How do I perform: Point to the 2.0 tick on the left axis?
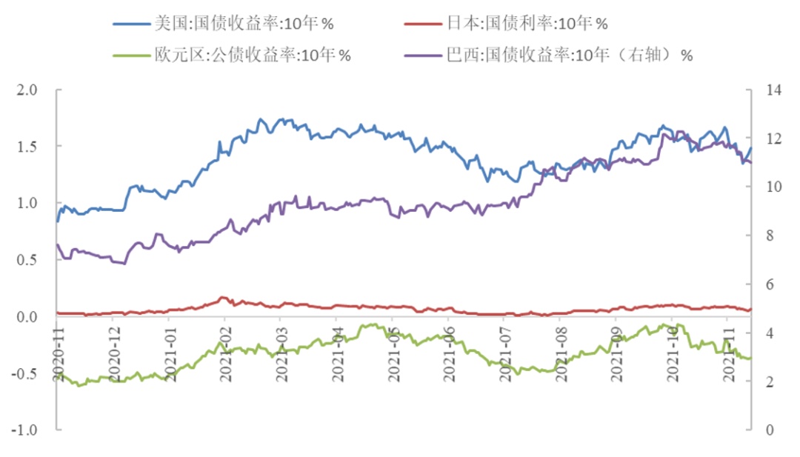(x=27, y=90)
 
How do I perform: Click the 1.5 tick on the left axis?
(x=27, y=147)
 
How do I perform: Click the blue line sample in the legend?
(x=132, y=24)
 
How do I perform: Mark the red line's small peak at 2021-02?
(x=224, y=298)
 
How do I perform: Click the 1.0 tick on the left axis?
(x=27, y=203)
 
